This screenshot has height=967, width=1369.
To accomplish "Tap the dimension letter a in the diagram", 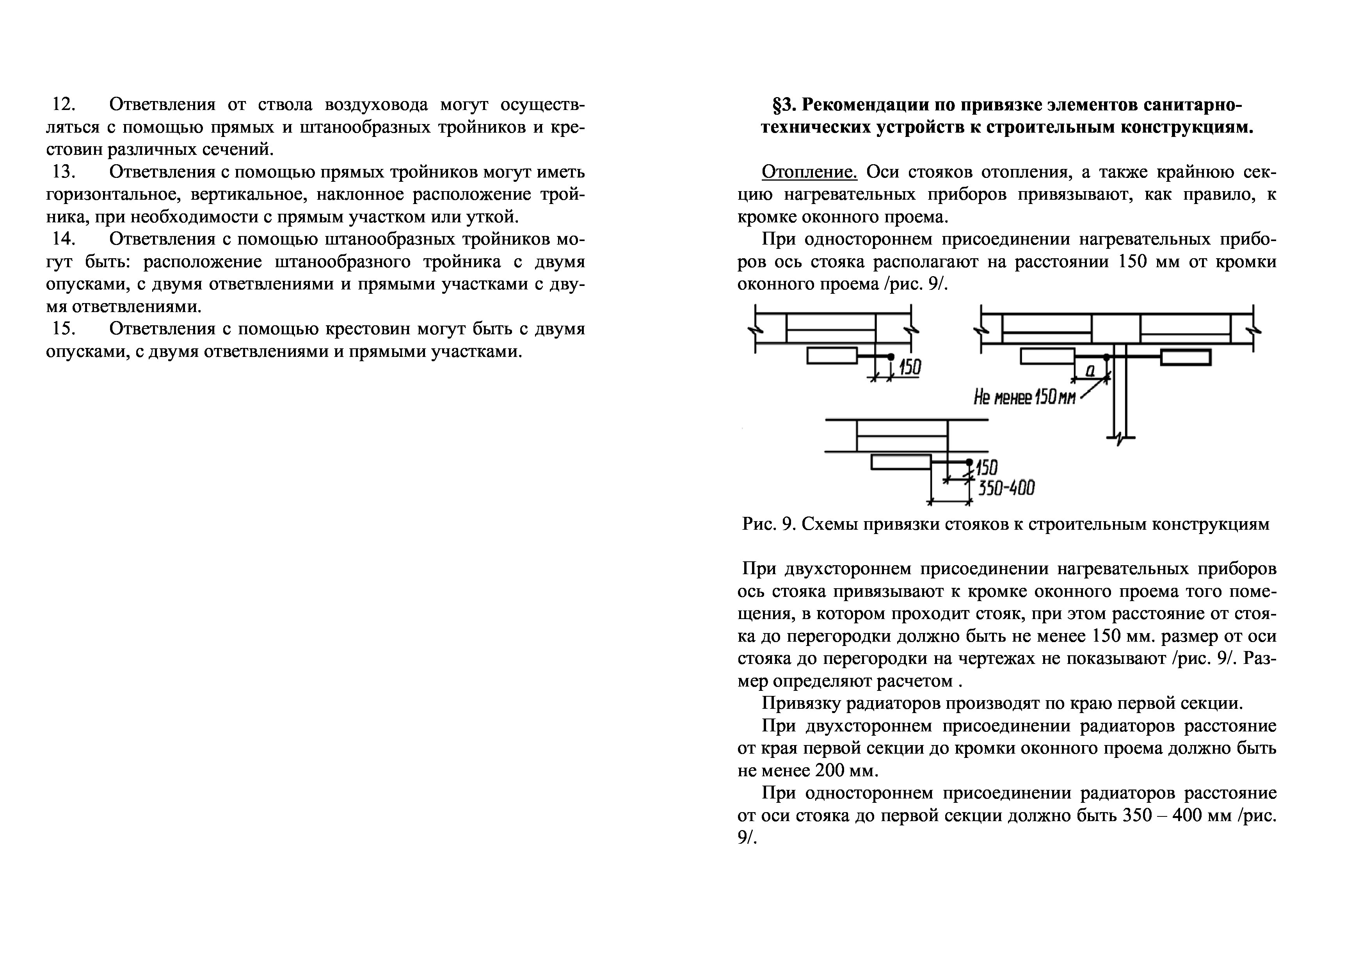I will (1090, 371).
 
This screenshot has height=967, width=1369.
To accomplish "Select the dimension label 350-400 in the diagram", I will (1006, 488).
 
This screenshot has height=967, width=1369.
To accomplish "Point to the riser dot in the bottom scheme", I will (969, 462).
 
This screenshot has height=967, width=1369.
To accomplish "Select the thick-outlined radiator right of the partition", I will (1185, 357).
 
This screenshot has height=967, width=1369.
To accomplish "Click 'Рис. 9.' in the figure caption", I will (769, 524).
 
